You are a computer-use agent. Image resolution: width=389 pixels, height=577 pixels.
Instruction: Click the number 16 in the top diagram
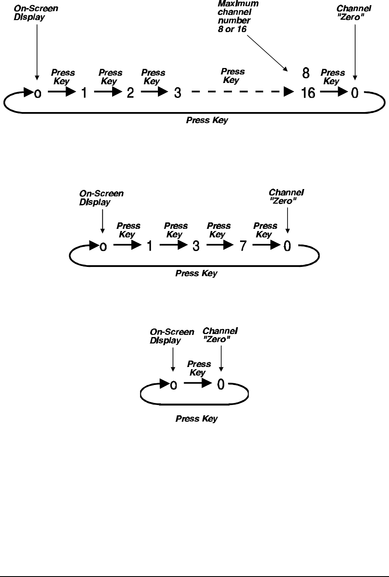(308, 93)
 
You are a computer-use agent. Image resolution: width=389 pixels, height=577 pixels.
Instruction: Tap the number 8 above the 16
(306, 74)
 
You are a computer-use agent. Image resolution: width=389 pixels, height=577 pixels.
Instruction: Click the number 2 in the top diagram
(131, 93)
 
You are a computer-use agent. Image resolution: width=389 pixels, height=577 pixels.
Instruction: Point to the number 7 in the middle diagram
(243, 246)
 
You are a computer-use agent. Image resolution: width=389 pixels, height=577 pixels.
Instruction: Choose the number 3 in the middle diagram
(196, 246)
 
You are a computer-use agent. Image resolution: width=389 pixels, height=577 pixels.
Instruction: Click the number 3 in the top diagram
(178, 93)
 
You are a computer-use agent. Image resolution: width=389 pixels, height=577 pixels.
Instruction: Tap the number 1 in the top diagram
(84, 93)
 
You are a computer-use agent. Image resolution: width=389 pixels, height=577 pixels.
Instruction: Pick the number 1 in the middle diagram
(149, 246)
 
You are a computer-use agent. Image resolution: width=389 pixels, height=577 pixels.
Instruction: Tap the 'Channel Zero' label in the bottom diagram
(220, 335)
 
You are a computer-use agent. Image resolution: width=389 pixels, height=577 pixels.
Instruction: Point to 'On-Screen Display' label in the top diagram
(36, 13)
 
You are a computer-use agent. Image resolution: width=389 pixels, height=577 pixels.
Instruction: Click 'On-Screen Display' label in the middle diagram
(101, 198)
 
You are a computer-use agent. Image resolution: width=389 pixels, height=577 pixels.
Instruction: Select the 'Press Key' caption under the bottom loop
(196, 419)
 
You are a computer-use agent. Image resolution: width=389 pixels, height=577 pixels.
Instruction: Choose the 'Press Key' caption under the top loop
(207, 121)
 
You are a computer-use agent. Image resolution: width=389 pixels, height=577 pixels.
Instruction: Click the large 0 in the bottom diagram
(220, 385)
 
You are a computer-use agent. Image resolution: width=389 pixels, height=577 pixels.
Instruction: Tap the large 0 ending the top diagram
(354, 93)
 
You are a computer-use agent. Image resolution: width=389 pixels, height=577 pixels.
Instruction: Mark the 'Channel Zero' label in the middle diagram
(286, 197)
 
